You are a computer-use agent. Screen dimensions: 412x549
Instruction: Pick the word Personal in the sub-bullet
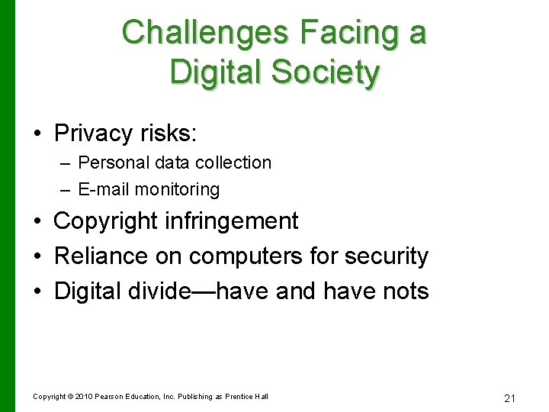[x=108, y=163]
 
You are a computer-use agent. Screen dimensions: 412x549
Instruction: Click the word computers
[x=246, y=256]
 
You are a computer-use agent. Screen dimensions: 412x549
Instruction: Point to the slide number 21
[x=510, y=398]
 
